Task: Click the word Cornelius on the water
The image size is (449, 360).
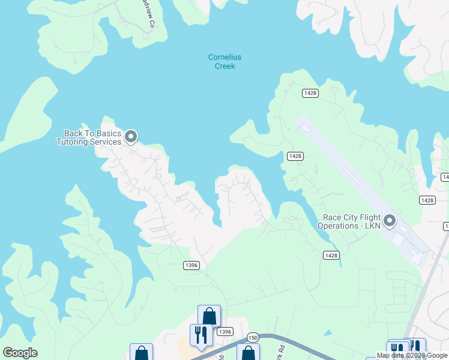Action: click(x=224, y=58)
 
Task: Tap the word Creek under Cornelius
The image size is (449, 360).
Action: click(x=224, y=66)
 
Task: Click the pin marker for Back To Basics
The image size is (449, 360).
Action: click(x=130, y=138)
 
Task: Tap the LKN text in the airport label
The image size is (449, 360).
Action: click(x=372, y=226)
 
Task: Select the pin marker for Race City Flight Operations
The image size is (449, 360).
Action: click(x=390, y=221)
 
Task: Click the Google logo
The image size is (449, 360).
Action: click(x=20, y=353)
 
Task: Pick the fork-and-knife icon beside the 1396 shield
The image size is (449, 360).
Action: click(x=200, y=334)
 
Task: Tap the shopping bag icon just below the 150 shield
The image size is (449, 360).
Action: click(x=248, y=353)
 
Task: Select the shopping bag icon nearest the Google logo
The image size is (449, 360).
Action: click(x=142, y=353)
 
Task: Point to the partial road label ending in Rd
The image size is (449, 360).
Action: click(x=280, y=347)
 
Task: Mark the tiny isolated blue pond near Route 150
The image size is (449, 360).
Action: click(x=328, y=332)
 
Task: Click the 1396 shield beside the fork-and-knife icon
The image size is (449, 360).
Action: click(x=224, y=332)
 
